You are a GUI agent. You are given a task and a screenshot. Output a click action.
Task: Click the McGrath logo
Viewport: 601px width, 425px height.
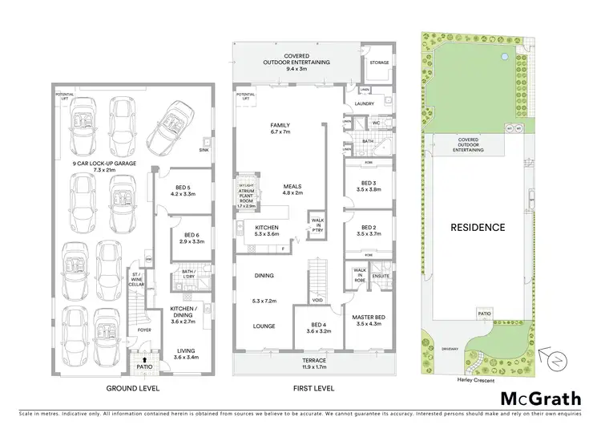[x=540, y=398]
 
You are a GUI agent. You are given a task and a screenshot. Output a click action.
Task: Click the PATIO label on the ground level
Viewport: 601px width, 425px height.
[x=146, y=368]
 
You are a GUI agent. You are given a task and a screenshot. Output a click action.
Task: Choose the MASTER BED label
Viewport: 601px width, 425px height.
[x=369, y=319]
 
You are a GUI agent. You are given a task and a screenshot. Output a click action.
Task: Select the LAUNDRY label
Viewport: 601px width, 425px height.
[x=365, y=104]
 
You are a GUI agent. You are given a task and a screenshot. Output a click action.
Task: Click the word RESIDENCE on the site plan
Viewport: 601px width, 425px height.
[x=477, y=227]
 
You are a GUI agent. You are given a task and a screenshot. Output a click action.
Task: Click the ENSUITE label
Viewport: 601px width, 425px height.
[x=381, y=276]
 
